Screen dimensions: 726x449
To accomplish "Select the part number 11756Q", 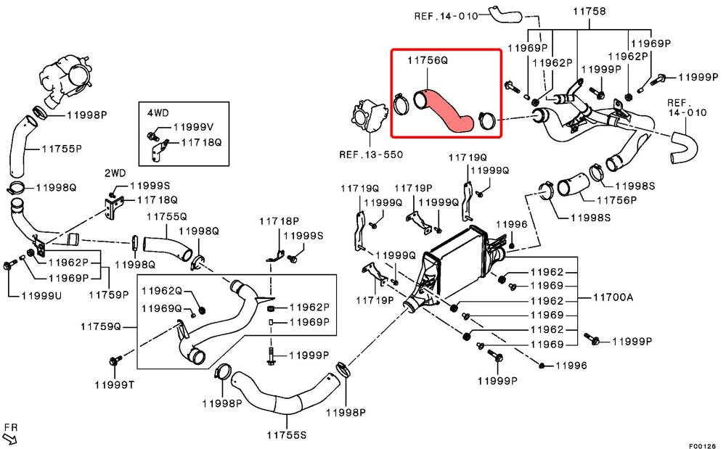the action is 428,60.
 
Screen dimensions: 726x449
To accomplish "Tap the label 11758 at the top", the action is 589,11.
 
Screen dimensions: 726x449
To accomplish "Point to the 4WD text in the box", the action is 158,113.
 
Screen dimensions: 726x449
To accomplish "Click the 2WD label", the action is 115,173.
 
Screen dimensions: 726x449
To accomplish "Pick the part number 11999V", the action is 194,127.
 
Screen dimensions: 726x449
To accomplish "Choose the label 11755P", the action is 62,149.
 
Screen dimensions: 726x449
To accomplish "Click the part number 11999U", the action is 41,295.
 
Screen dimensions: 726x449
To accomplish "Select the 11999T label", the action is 115,384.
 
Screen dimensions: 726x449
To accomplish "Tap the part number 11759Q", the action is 100,326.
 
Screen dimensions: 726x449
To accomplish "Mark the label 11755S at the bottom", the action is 287,434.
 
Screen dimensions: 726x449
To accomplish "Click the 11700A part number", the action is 613,297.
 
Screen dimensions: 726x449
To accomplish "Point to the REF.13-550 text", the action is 371,155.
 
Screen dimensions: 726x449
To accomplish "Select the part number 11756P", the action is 616,200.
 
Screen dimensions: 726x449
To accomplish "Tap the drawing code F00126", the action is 702,445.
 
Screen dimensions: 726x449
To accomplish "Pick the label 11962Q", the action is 162,290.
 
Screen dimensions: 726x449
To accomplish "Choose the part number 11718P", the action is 279,221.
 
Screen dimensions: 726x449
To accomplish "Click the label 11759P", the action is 109,294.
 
